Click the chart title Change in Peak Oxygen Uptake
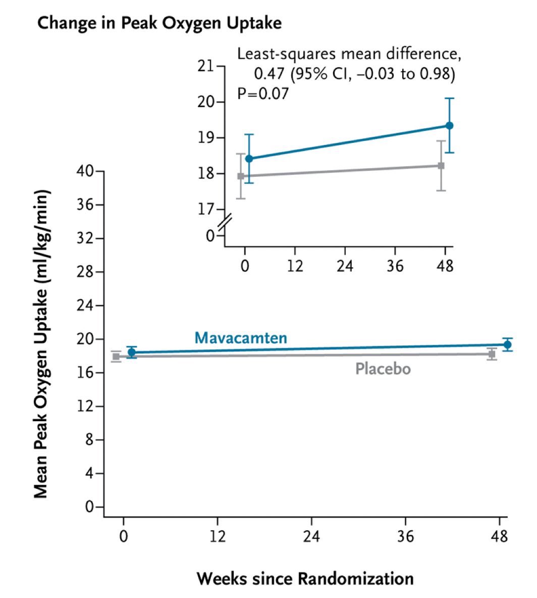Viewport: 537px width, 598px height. [x=159, y=24]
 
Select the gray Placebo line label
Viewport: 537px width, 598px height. [x=383, y=369]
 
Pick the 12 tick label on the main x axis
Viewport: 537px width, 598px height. [x=218, y=536]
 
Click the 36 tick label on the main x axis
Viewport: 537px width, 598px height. [x=405, y=536]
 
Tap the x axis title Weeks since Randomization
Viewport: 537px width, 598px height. [x=305, y=578]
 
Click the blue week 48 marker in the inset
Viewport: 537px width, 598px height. [x=449, y=125]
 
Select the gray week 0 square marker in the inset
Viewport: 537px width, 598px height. [x=241, y=176]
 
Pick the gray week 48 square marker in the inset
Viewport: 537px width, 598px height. [x=441, y=166]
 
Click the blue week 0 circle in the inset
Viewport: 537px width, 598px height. [x=248, y=159]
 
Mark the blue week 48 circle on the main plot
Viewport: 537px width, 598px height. [x=507, y=344]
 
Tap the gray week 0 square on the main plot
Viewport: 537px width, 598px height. [x=116, y=357]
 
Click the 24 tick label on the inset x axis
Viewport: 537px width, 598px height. [x=345, y=265]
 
